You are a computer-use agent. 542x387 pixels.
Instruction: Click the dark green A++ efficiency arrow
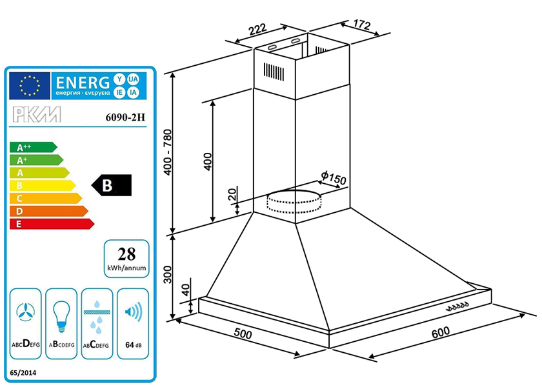(32, 147)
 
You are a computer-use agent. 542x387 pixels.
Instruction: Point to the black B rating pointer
(112, 186)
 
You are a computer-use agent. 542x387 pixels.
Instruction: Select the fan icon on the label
(25, 312)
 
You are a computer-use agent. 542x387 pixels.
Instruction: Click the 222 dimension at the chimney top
(257, 28)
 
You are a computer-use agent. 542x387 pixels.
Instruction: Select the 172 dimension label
(361, 26)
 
